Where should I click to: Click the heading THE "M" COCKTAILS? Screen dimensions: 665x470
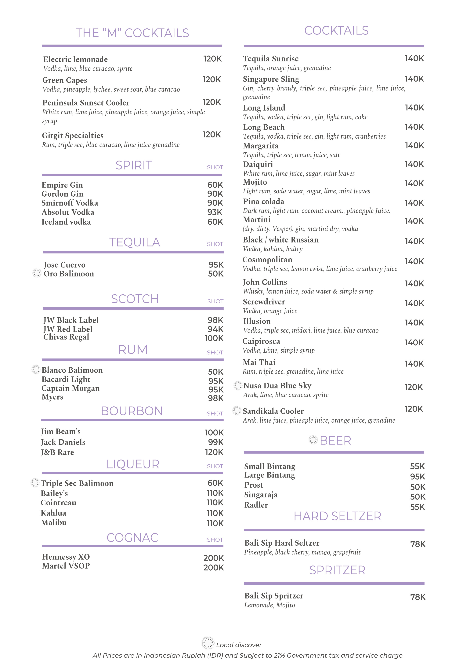coord(132,33)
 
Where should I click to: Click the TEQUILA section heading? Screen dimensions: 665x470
coord(135,242)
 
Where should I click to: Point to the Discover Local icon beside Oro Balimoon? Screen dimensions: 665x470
coord(37,273)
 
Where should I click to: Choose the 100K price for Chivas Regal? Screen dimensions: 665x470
coord(214,338)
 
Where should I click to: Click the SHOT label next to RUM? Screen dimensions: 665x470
coord(215,352)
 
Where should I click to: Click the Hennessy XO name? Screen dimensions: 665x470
coord(66,557)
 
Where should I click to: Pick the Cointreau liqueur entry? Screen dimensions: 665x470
coord(59,503)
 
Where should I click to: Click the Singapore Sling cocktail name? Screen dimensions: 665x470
coord(271,79)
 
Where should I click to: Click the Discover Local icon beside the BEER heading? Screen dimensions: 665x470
coord(313,440)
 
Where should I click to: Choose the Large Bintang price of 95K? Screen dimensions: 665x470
coord(417,476)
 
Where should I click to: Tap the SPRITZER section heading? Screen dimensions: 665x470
coord(337,570)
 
